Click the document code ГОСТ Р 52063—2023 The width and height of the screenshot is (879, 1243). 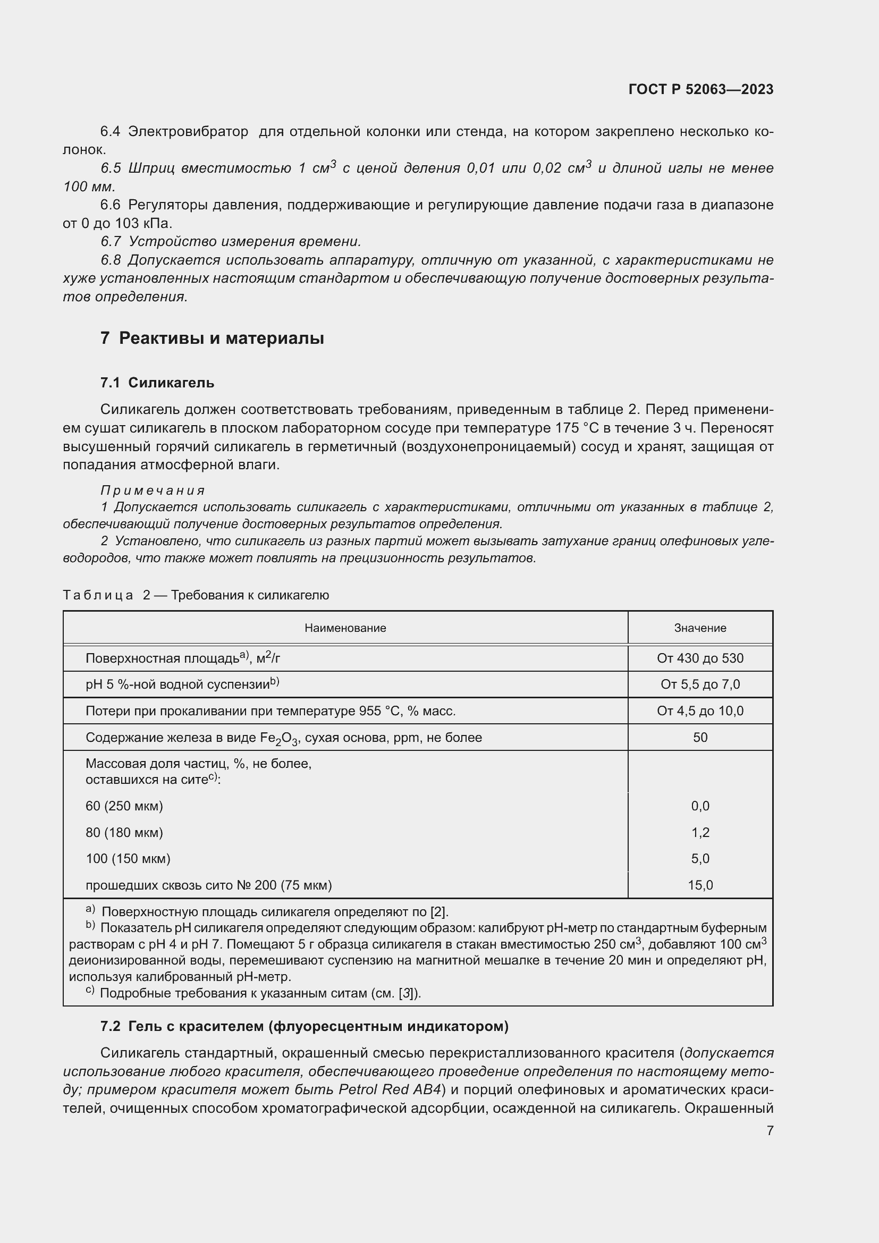[x=700, y=89]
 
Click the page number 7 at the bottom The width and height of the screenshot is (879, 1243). [x=770, y=1130]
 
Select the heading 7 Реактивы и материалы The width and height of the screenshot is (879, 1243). [x=212, y=339]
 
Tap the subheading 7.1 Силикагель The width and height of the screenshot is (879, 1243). [x=157, y=383]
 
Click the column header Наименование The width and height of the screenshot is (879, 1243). [x=345, y=628]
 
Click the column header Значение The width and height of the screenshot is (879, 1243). [x=700, y=628]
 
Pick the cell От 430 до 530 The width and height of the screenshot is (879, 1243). [x=700, y=658]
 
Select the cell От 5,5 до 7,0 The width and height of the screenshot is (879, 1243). [x=700, y=684]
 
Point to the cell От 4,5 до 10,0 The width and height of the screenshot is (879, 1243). [x=700, y=711]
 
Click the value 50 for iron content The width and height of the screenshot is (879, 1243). [x=700, y=738]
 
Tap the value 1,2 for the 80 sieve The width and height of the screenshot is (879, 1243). [x=700, y=833]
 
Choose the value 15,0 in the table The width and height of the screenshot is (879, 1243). [x=700, y=885]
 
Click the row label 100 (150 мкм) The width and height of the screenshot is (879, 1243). [x=128, y=859]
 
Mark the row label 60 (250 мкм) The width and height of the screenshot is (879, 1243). [x=124, y=806]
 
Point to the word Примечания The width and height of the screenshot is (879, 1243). [x=153, y=491]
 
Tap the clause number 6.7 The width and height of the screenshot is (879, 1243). [x=111, y=241]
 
